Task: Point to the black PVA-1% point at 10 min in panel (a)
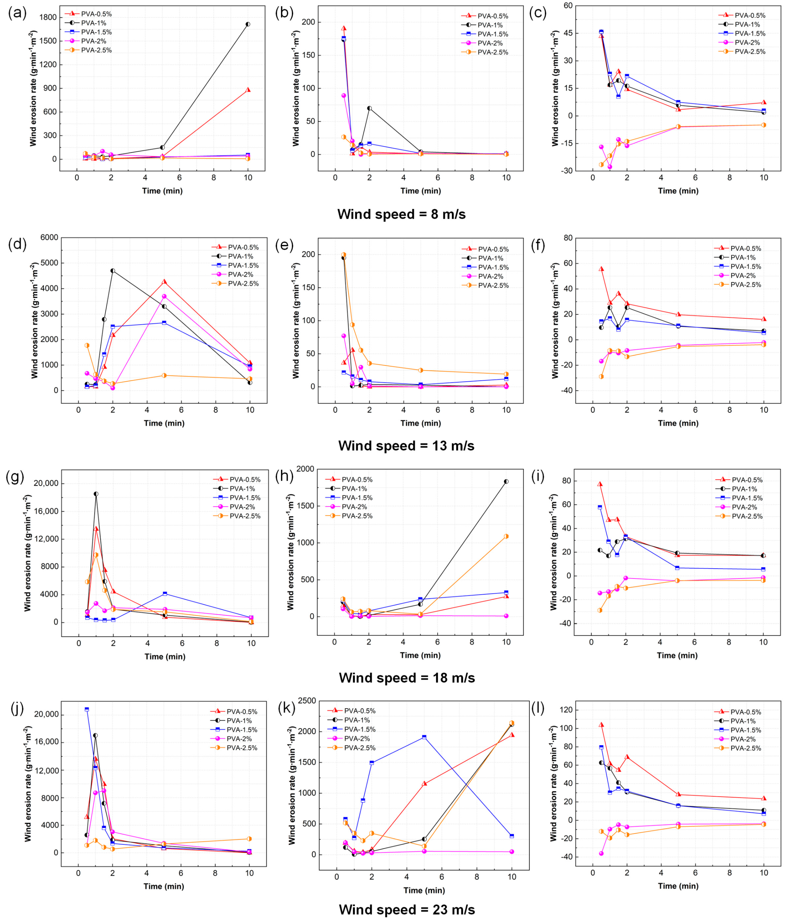248,24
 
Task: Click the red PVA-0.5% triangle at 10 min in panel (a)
248,90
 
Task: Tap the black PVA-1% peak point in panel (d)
113,270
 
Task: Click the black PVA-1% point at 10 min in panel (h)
506,481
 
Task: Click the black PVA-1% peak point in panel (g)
96,494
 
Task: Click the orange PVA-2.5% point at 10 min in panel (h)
506,536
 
